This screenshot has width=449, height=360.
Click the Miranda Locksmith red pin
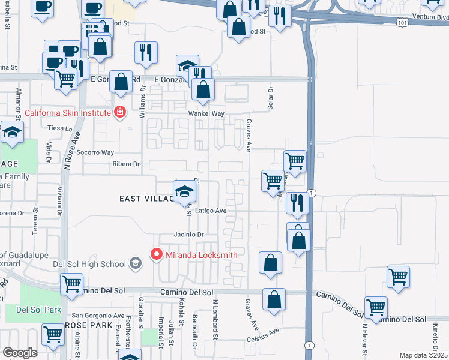157,255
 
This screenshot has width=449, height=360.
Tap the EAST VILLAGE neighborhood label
144,199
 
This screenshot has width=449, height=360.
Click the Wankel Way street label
206,113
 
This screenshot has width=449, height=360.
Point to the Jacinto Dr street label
189,235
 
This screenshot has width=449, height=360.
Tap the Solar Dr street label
270,99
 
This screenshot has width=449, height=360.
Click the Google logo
19,353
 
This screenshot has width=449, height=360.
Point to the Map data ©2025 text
423,355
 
